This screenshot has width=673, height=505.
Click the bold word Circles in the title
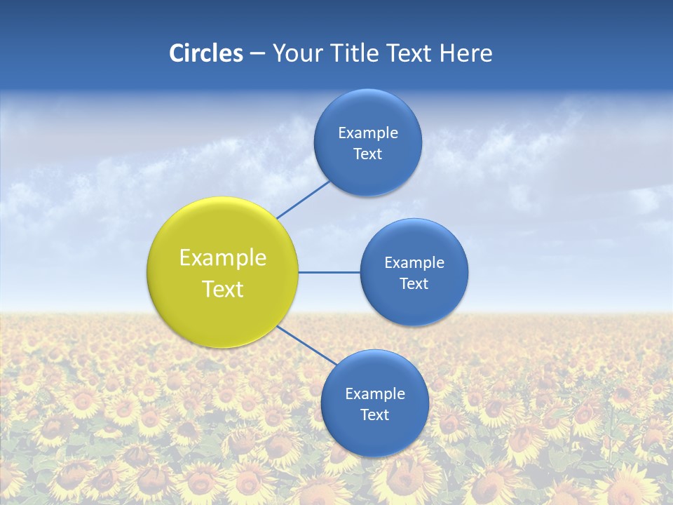pyautogui.click(x=205, y=53)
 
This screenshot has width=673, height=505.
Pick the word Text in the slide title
pyautogui.click(x=410, y=53)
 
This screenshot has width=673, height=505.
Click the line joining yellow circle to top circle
pyautogui.click(x=304, y=199)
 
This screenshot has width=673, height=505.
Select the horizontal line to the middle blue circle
pyautogui.click(x=329, y=272)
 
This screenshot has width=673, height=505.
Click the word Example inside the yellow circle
pyautogui.click(x=223, y=258)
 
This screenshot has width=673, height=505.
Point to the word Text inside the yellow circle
pyautogui.click(x=223, y=289)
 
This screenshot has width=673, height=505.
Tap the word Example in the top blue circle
pyautogui.click(x=367, y=133)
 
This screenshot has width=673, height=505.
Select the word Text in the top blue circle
pyautogui.click(x=367, y=154)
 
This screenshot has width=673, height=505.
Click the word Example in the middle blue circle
pyautogui.click(x=414, y=263)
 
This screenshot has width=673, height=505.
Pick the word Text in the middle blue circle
pyautogui.click(x=414, y=284)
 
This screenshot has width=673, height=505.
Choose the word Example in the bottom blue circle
pyautogui.click(x=374, y=394)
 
